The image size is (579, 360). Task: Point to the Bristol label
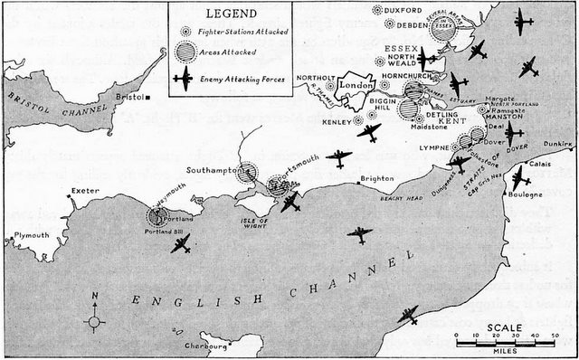pos(128,96)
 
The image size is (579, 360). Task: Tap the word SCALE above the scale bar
pos(504,327)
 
